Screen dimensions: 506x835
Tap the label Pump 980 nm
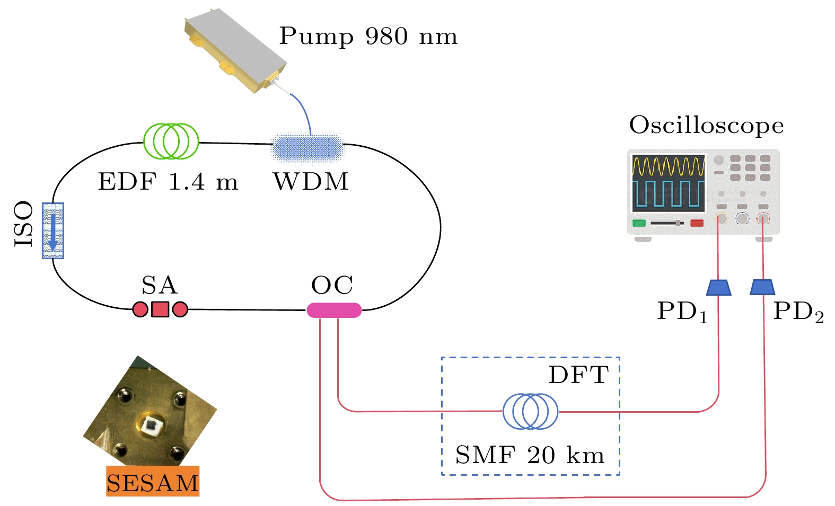pos(368,37)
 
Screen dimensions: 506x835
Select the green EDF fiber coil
pos(171,141)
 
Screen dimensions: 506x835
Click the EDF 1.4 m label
pos(168,182)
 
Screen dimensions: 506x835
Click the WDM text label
pos(311,182)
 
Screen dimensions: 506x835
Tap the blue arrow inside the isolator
pos(52,231)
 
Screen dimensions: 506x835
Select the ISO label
pos(24,224)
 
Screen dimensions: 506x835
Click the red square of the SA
pos(160,309)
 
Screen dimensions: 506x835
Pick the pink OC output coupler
pos(334,310)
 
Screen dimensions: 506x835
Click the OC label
pos(332,286)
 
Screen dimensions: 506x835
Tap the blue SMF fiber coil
pos(530,411)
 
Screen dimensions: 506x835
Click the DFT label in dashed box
pos(578,375)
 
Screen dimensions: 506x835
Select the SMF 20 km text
pos(530,455)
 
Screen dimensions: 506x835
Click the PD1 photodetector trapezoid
pos(718,287)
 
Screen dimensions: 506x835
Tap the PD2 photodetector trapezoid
pos(762,287)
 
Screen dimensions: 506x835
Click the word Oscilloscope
pos(706,126)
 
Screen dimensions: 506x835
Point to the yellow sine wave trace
pos(669,166)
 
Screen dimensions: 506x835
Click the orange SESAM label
pos(153,482)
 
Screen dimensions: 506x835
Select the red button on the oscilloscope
pos(697,223)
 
